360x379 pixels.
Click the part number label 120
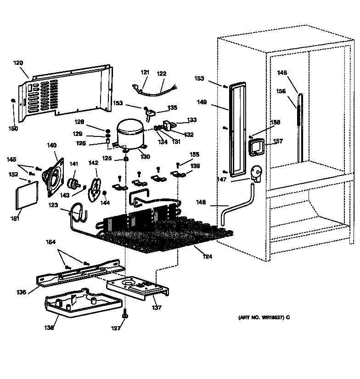click(x=18, y=62)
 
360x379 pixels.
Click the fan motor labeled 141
click(x=73, y=183)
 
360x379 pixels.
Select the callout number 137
click(x=157, y=307)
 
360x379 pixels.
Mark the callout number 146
click(x=282, y=72)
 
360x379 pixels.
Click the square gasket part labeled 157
click(x=255, y=148)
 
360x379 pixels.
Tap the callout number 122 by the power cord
click(x=162, y=73)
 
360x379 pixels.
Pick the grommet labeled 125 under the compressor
click(x=124, y=159)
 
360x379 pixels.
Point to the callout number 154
click(x=51, y=242)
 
